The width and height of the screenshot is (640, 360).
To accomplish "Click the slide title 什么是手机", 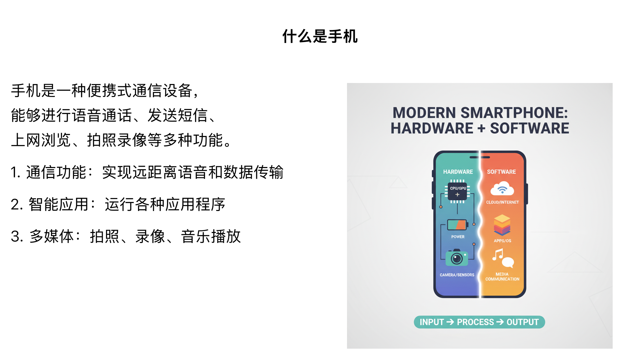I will tap(320, 36).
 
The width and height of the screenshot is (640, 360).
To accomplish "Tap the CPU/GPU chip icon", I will tap(457, 191).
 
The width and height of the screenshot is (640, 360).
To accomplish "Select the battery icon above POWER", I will tap(457, 225).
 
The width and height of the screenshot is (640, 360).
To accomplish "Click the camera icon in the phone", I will tap(457, 257).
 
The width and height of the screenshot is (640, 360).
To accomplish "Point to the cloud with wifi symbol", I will tap(502, 189).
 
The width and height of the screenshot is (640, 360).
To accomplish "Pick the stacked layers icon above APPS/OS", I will tap(502, 225).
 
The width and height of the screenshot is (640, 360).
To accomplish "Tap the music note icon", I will tap(498, 255).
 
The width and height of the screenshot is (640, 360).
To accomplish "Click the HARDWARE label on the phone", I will tap(458, 172).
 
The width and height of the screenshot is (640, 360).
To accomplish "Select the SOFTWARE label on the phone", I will tap(501, 172).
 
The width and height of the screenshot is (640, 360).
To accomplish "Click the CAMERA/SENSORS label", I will tap(457, 275).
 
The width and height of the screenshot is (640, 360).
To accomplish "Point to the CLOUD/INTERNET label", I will tap(502, 202).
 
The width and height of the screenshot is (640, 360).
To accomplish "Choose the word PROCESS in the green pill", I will tap(475, 322).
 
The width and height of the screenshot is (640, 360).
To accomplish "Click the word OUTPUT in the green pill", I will tap(522, 322).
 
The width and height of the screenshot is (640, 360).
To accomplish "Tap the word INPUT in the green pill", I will tap(431, 322).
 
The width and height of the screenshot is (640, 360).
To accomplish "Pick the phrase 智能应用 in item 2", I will tap(58, 204).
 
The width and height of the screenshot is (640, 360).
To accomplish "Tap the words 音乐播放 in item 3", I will tap(211, 236).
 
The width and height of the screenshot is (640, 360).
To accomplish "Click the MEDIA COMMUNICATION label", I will tap(502, 277).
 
